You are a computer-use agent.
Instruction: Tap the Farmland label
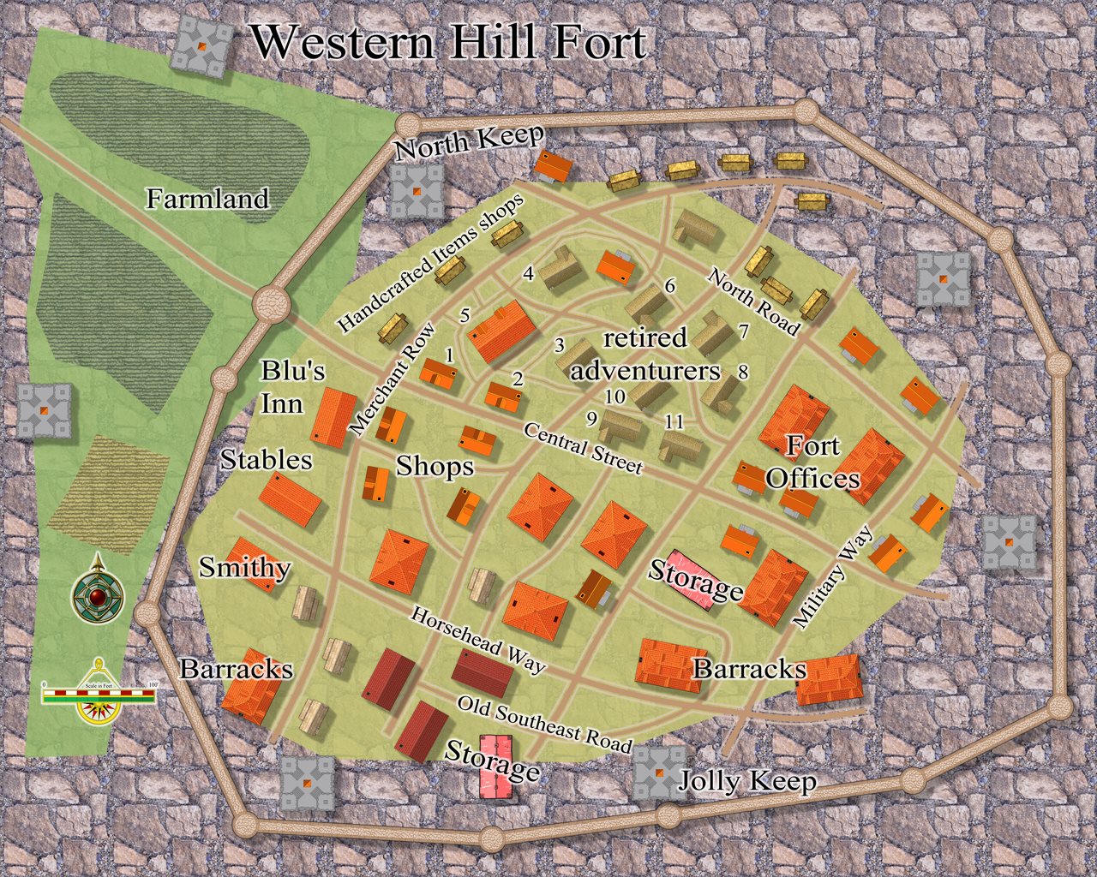(x=207, y=200)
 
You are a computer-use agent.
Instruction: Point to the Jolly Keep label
(x=746, y=781)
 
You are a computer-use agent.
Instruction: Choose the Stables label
(x=266, y=460)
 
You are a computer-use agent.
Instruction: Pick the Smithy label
(x=244, y=568)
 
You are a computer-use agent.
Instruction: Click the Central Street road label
(x=583, y=447)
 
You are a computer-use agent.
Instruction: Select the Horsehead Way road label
(x=477, y=640)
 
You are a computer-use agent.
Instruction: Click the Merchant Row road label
(x=393, y=379)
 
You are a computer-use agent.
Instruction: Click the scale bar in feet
(x=99, y=693)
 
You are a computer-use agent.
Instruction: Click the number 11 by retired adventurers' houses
(x=674, y=421)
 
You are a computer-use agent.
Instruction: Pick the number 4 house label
(x=529, y=274)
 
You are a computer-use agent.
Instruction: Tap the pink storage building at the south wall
(x=495, y=767)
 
